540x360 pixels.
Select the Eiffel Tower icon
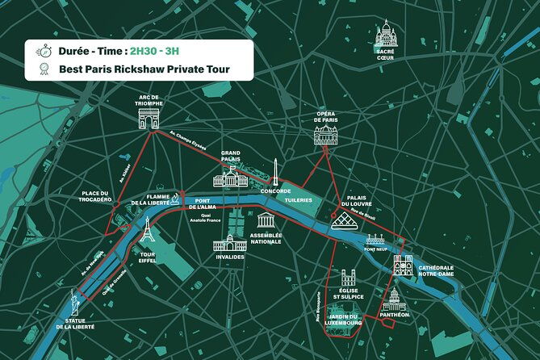pos(146,229)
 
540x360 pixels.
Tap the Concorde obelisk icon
pos(275,170)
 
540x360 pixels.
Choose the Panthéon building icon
pos(394,301)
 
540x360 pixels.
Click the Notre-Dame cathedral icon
pos(402,264)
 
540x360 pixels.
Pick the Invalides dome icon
pos(228,243)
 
